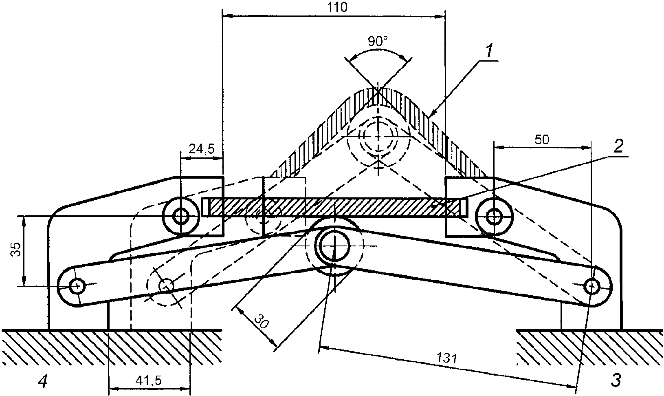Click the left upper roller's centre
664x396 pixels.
point(180,216)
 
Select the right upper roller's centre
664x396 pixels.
point(494,216)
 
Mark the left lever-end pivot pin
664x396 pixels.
point(77,285)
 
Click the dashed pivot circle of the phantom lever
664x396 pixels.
point(166,285)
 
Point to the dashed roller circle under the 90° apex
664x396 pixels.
point(378,136)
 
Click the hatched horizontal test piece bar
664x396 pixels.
point(334,207)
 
